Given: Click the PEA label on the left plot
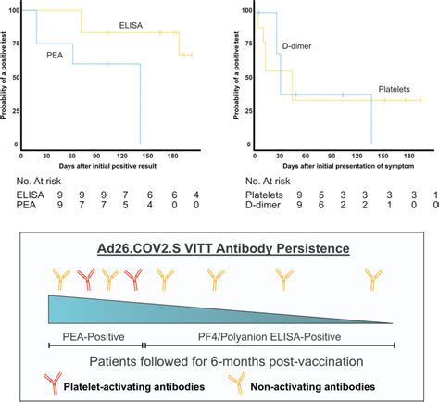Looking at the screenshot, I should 56,55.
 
